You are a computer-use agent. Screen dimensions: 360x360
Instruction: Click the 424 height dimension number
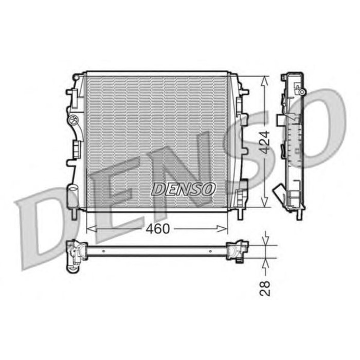coord(263,142)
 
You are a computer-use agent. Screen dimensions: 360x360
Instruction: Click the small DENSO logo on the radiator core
coord(183,189)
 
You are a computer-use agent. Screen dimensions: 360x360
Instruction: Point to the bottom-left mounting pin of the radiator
coord(78,212)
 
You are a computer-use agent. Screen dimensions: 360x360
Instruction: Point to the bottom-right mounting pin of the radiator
coord(238,212)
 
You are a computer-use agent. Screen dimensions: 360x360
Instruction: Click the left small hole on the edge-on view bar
coord(103,251)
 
